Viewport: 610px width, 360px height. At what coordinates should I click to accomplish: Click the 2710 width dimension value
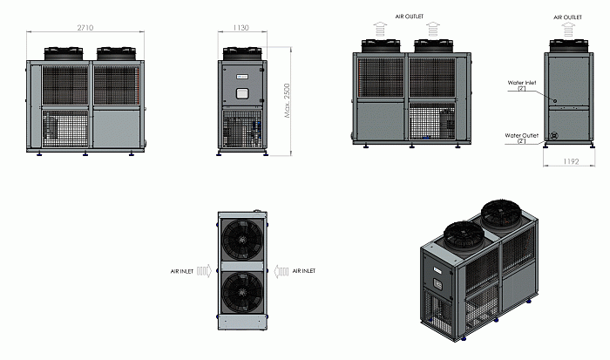[x=85, y=28]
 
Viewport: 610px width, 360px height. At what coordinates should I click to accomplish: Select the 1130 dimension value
[x=241, y=28]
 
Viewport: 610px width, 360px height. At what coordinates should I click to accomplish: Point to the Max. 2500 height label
[x=287, y=100]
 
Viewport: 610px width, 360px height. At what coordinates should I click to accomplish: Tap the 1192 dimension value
[x=571, y=161]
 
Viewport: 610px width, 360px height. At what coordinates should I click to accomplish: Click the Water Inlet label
[x=522, y=83]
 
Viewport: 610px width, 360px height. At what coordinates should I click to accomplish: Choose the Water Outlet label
[x=522, y=135]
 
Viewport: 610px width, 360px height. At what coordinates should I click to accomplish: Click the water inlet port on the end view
[x=555, y=101]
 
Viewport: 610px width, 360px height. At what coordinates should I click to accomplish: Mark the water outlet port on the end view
[x=554, y=136]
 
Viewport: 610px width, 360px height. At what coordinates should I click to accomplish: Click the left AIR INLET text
[x=181, y=271]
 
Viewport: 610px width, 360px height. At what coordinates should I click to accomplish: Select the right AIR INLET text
[x=304, y=271]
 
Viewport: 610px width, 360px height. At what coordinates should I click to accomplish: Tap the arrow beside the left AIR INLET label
[x=204, y=271]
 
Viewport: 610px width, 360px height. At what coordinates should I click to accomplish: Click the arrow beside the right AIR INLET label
[x=281, y=271]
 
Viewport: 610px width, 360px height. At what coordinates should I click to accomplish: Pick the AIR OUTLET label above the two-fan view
[x=410, y=17]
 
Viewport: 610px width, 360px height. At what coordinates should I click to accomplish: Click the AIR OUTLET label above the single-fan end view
[x=567, y=17]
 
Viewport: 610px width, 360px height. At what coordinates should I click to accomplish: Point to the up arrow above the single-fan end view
[x=568, y=30]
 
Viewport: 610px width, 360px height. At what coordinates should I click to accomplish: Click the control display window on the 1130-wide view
[x=242, y=93]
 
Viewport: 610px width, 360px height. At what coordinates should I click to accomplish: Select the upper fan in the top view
[x=242, y=238]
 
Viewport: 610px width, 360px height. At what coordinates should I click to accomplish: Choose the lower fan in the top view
[x=242, y=292]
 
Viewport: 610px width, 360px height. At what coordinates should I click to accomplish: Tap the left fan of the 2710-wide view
[x=64, y=53]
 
